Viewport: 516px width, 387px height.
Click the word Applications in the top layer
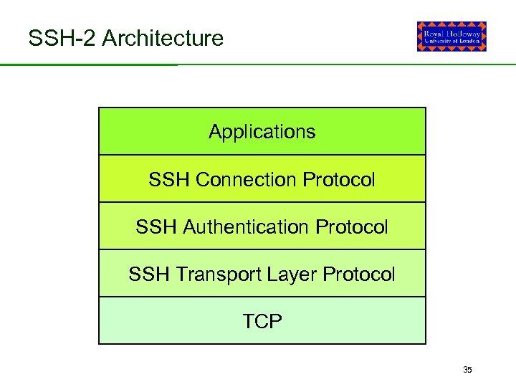click(x=262, y=133)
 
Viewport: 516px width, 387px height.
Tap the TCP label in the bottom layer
click(x=262, y=322)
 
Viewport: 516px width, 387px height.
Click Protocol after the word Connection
click(x=339, y=179)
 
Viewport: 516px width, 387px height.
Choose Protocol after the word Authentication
click(x=351, y=227)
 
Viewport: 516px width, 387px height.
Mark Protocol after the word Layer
click(x=359, y=274)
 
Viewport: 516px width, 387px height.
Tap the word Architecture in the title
click(x=163, y=38)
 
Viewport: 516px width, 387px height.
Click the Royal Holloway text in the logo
click(x=451, y=32)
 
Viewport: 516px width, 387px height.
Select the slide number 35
click(x=467, y=370)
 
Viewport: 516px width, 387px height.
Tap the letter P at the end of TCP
click(x=276, y=322)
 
